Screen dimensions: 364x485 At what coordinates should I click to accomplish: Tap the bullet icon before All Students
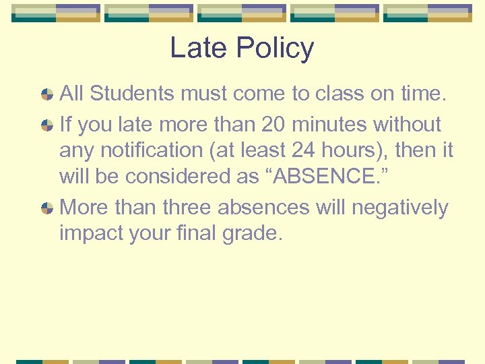click(x=47, y=94)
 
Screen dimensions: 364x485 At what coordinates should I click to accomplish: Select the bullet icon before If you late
click(x=47, y=125)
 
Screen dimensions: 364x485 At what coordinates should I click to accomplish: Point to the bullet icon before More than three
click(x=47, y=208)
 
